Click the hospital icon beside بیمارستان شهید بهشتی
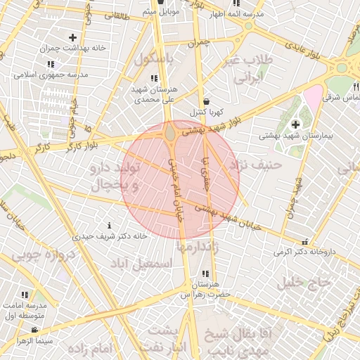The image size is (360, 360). (x=295, y=124)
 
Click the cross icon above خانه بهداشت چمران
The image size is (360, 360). (x=72, y=37)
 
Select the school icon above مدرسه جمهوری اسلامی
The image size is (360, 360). (x=51, y=64)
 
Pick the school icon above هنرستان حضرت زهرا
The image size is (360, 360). (x=205, y=274)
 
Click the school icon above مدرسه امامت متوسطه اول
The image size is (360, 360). (x=25, y=294)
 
